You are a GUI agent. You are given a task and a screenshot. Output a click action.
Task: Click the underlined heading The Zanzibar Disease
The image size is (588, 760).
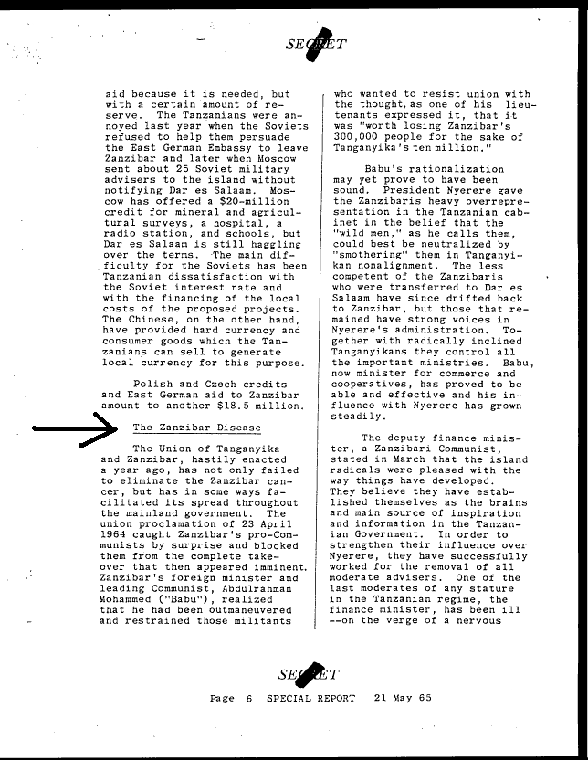(196, 427)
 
